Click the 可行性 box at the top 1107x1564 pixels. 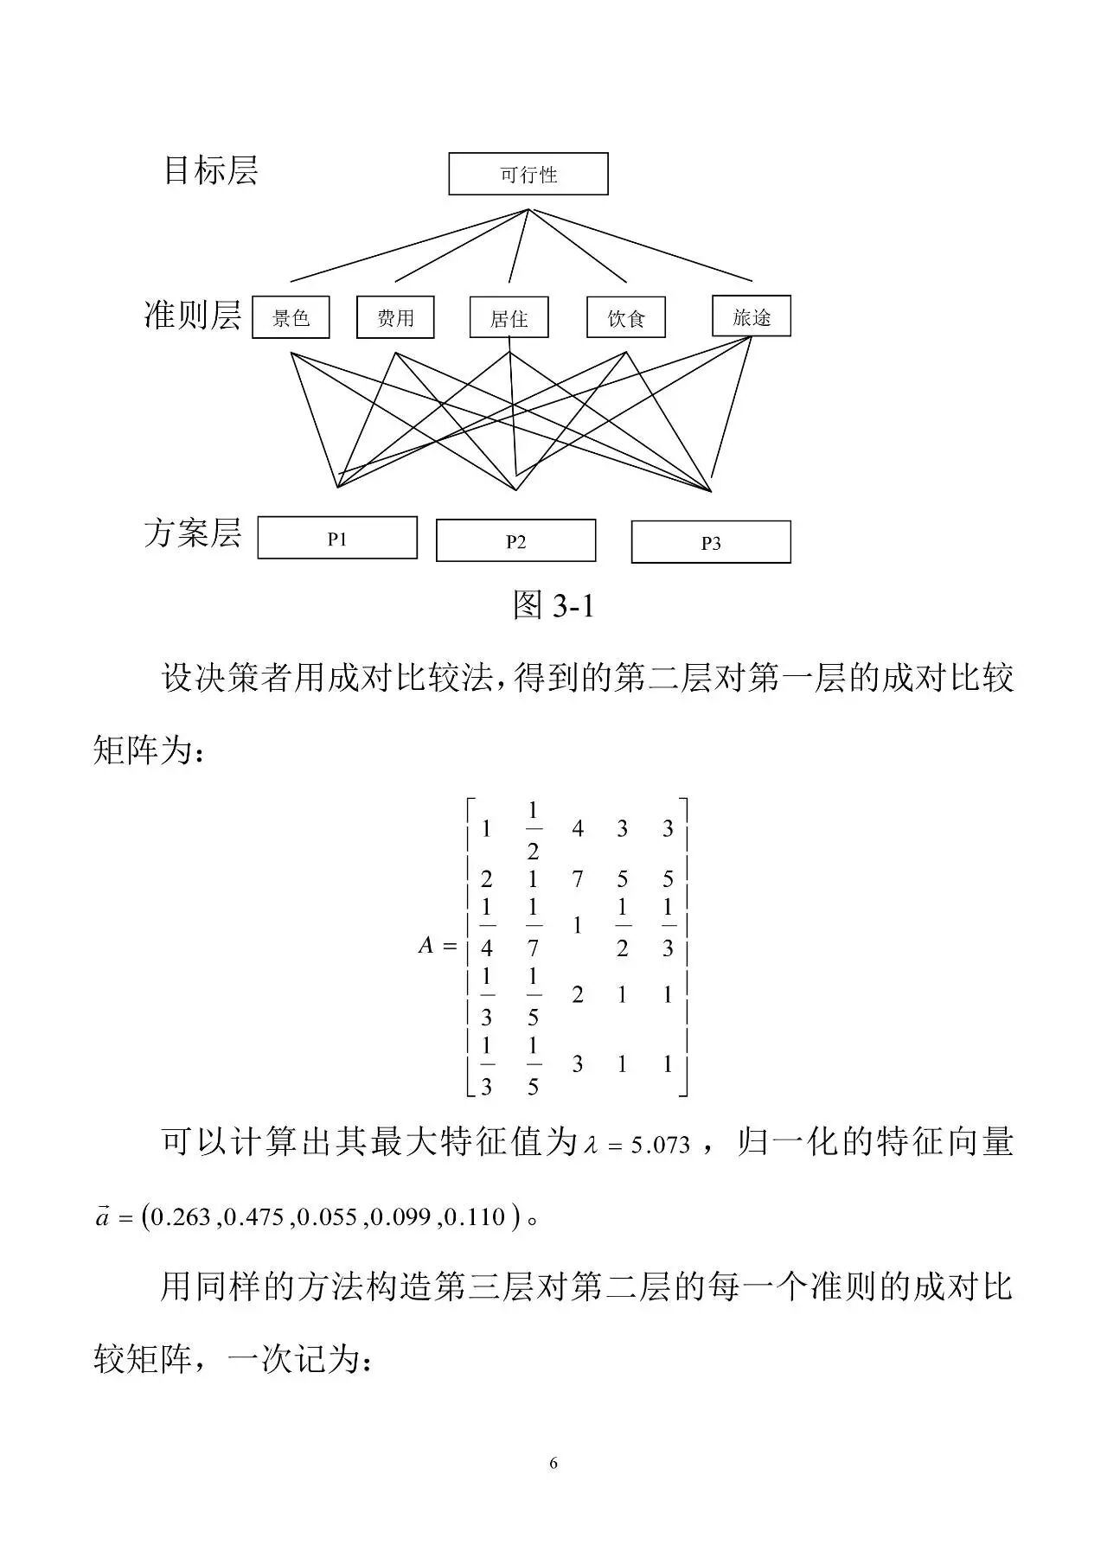click(x=528, y=174)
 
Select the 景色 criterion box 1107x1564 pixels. click(x=291, y=317)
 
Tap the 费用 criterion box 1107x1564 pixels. click(x=395, y=317)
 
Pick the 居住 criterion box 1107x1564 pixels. click(x=509, y=317)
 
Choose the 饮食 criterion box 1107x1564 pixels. click(x=626, y=317)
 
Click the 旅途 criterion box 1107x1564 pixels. click(x=751, y=316)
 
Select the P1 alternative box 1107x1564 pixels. click(x=337, y=539)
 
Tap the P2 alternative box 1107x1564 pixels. click(x=515, y=541)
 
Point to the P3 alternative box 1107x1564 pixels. click(x=710, y=542)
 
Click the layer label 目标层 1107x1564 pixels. click(x=211, y=170)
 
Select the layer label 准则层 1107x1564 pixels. click(x=193, y=315)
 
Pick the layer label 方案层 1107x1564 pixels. click(x=193, y=533)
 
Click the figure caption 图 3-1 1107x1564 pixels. click(x=553, y=605)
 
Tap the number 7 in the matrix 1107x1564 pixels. click(x=578, y=879)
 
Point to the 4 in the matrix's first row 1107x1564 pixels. click(x=578, y=829)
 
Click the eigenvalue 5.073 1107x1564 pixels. click(x=660, y=1146)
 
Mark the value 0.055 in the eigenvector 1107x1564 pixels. click(x=329, y=1217)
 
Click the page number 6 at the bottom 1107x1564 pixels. click(x=553, y=1463)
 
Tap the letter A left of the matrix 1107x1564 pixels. click(x=426, y=945)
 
